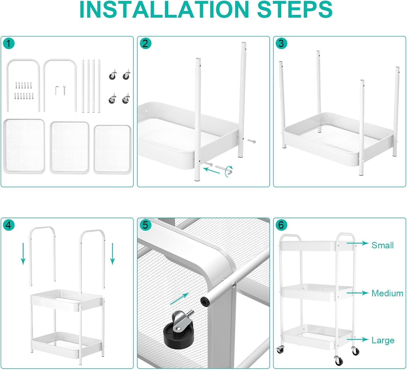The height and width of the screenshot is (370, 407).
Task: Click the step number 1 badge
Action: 9,43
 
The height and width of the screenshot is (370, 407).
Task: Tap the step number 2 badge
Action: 145,43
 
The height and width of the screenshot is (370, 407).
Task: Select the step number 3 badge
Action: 281,43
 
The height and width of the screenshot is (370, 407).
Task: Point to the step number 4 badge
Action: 9,225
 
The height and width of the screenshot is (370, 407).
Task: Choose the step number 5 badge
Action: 145,225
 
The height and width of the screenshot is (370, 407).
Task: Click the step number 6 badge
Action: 281,225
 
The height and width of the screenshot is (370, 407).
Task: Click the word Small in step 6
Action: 383,245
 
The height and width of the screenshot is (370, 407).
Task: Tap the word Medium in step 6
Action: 387,293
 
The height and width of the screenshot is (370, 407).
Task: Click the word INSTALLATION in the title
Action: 164,9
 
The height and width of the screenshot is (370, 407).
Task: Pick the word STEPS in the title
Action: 295,9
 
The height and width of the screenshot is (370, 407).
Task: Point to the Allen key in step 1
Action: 57,90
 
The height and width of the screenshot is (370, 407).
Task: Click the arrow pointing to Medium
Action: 358,293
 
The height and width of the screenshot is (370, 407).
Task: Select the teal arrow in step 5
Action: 179,299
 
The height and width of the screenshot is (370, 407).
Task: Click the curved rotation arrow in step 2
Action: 229,171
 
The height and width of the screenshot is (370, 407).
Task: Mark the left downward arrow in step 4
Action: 23,254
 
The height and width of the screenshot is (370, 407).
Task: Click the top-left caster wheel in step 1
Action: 113,75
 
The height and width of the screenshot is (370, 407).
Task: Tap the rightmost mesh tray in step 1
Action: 113,149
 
